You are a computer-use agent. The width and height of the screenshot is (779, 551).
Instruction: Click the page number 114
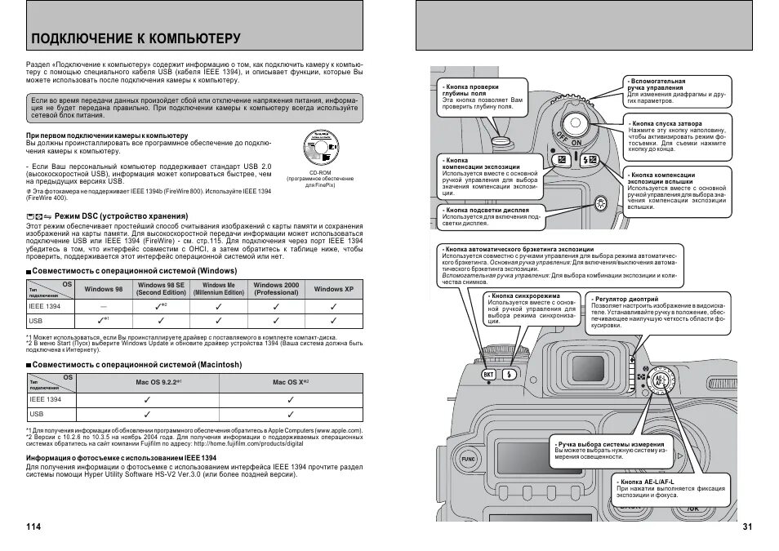tap(33, 527)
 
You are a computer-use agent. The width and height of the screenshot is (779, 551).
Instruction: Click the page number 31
tap(747, 527)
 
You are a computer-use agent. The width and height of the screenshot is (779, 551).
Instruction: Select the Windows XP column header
tap(333, 289)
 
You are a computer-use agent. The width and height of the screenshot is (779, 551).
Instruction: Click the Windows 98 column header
tap(104, 289)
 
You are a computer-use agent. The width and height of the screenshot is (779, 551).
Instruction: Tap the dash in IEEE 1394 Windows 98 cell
tap(104, 306)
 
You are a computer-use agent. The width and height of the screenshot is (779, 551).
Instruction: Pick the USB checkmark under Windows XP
tap(333, 322)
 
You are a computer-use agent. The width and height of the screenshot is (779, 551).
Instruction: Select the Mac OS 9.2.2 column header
tap(158, 381)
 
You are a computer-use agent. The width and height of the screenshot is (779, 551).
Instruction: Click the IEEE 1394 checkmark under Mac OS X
tap(290, 399)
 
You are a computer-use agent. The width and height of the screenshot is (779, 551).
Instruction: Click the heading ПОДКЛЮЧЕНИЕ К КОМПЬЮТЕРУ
tap(135, 38)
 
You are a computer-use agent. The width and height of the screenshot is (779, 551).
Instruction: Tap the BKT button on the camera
tap(488, 375)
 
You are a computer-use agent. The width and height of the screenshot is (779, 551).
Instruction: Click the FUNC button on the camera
tap(468, 459)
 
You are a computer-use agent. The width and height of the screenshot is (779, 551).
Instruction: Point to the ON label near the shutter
tap(576, 142)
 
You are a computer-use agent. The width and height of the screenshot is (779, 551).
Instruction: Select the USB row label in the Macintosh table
tap(37, 414)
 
